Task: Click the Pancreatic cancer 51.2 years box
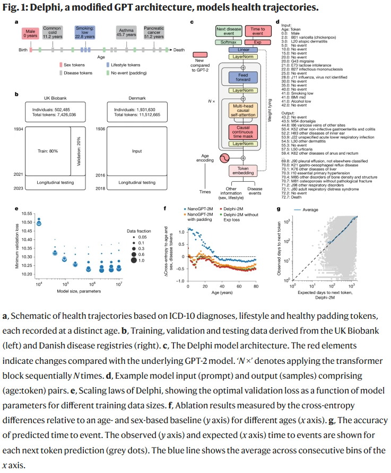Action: (154, 32)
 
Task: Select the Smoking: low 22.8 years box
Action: (85, 32)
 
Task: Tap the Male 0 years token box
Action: (30, 33)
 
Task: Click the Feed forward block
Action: (243, 77)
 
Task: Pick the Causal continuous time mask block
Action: (243, 132)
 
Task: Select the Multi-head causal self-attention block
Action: (243, 110)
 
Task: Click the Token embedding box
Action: (243, 171)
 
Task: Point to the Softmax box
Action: (229, 42)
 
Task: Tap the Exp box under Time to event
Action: (258, 42)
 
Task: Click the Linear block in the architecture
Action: (243, 50)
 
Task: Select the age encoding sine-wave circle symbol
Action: (224, 158)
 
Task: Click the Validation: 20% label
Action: (79, 151)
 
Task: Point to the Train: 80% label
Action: (48, 151)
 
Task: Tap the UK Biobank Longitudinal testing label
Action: (55, 183)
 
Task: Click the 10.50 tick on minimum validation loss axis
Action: (27, 222)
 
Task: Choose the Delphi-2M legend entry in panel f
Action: (231, 209)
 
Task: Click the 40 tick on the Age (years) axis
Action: (222, 286)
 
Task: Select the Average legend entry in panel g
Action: (306, 210)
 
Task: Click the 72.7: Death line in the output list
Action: (291, 197)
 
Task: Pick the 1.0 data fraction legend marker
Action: (134, 260)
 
